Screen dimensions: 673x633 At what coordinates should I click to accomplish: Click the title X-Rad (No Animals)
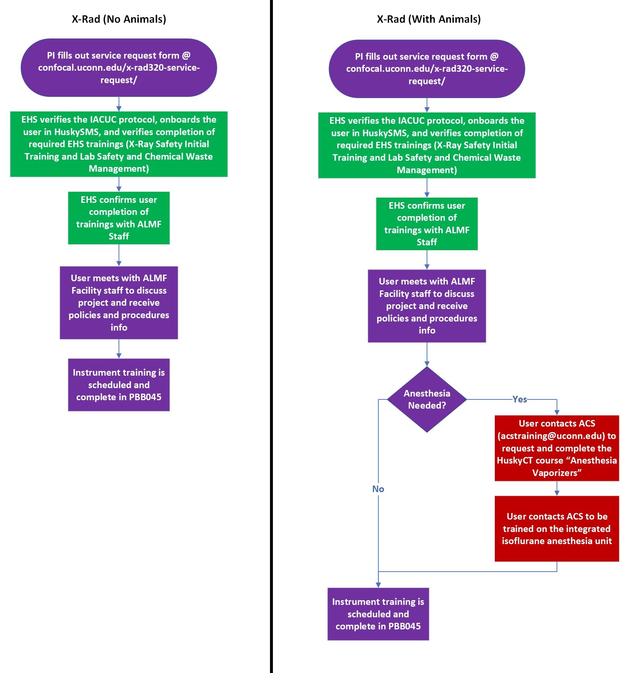click(119, 19)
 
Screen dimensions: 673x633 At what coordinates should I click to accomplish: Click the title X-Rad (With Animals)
click(429, 19)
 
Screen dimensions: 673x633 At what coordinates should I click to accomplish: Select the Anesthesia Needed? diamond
click(427, 399)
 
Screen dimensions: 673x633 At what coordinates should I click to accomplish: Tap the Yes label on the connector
click(519, 399)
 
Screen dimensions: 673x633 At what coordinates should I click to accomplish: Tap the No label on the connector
click(378, 489)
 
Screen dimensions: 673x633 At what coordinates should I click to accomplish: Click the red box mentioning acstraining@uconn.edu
click(556, 448)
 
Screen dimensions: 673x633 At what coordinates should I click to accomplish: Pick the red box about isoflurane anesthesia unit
click(556, 528)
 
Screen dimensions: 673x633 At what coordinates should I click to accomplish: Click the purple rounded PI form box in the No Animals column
click(119, 68)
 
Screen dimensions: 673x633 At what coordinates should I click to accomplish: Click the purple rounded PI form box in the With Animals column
click(427, 69)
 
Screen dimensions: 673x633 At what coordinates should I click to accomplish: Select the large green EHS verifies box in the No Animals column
click(119, 144)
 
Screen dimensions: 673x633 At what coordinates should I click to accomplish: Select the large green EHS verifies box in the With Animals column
click(427, 145)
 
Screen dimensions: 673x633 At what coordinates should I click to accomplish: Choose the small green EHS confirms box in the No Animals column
click(119, 218)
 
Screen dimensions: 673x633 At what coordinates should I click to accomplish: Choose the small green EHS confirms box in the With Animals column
click(427, 224)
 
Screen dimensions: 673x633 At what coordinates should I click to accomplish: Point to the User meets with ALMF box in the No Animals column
click(119, 302)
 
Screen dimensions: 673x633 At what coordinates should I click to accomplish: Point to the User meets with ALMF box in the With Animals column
click(427, 306)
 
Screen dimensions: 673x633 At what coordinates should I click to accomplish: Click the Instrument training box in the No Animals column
click(119, 384)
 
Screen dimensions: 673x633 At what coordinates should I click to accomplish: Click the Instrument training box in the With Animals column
click(378, 614)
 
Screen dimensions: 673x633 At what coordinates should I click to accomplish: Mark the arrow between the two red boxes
click(557, 488)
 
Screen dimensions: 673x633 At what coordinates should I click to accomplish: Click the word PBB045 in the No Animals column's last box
click(145, 397)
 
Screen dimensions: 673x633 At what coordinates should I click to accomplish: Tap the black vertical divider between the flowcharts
click(271, 330)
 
